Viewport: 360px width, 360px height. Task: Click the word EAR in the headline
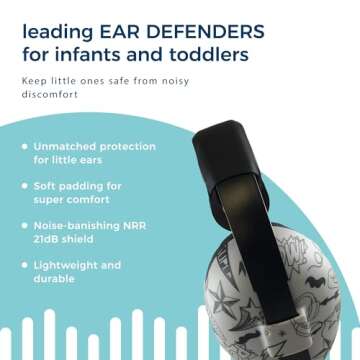123,25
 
